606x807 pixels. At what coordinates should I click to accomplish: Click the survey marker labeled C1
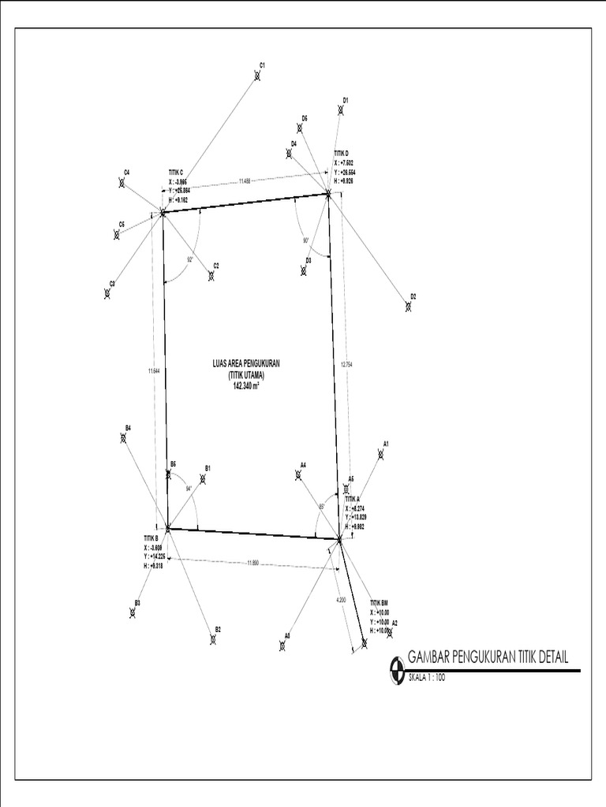257,76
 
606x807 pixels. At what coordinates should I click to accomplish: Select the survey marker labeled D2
408,307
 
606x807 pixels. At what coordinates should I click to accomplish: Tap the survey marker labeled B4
124,437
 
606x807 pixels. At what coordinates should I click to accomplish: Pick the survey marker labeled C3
107,293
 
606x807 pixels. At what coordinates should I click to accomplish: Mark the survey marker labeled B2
213,638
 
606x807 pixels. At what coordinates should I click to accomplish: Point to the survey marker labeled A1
381,454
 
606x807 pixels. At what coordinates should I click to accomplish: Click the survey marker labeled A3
282,645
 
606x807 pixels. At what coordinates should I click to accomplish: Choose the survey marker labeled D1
341,110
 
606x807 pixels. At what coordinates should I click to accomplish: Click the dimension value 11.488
246,181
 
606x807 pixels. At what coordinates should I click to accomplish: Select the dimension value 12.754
344,365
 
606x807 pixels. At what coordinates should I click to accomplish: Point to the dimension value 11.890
253,562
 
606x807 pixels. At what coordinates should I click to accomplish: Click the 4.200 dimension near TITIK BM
341,601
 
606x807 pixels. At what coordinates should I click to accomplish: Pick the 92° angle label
190,259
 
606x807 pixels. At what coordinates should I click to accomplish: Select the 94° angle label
189,489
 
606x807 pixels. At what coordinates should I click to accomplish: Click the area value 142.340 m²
247,385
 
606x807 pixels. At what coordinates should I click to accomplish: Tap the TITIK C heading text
176,172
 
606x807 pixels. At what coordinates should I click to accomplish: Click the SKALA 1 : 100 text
427,677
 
